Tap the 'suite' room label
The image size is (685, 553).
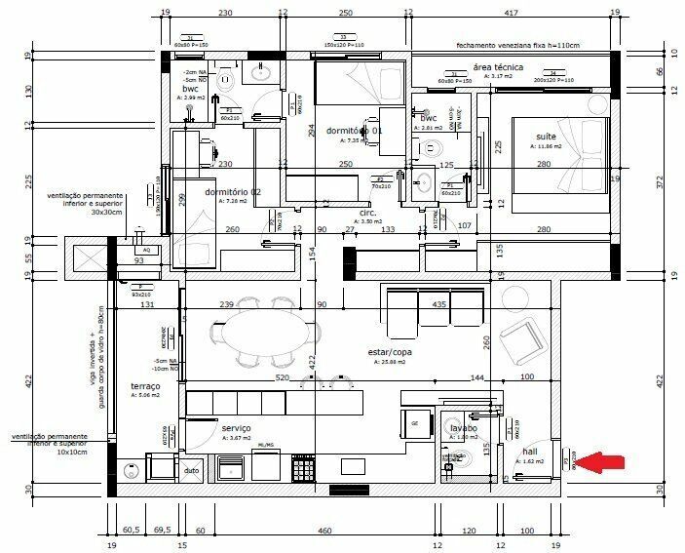(546, 136)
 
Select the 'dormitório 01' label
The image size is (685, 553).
(353, 131)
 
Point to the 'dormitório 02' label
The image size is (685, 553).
(232, 192)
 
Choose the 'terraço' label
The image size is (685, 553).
(144, 386)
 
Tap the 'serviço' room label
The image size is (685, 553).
(237, 428)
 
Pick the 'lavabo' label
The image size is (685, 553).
(463, 428)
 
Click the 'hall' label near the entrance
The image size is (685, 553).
(530, 452)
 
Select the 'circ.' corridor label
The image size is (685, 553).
(367, 211)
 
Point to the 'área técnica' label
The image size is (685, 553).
(498, 67)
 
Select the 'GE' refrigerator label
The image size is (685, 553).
(414, 423)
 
